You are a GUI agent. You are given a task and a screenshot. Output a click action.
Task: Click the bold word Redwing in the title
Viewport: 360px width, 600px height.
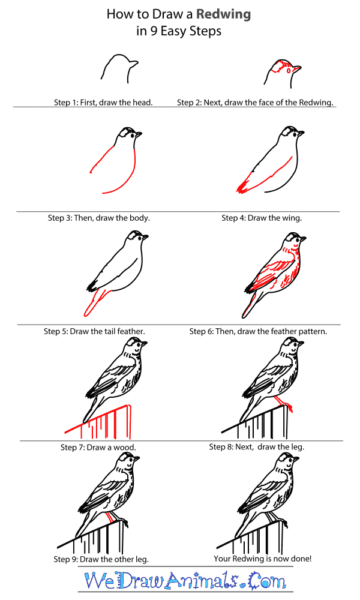(x=223, y=15)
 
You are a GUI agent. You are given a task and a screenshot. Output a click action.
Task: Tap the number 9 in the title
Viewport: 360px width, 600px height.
(x=154, y=31)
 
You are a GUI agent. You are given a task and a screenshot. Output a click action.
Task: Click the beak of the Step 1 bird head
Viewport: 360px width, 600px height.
(x=134, y=64)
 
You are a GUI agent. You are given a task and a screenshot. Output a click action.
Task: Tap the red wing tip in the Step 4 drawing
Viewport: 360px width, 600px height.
(x=242, y=188)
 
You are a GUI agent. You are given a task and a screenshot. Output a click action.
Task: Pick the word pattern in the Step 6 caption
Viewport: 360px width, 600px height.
(x=313, y=331)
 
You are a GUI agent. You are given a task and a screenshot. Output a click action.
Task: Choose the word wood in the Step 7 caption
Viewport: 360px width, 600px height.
(x=125, y=448)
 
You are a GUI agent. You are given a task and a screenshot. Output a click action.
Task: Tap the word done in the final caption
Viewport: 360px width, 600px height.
(x=302, y=559)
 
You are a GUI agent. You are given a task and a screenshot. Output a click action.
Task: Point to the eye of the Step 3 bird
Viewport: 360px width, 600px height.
(x=134, y=135)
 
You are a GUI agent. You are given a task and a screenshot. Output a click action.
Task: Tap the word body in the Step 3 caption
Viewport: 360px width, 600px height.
(x=139, y=218)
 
